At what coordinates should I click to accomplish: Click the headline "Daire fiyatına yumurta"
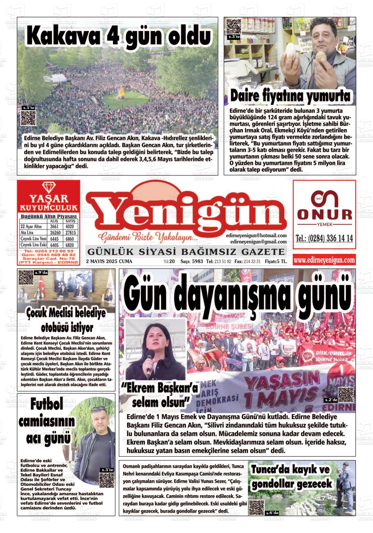tap(290, 96)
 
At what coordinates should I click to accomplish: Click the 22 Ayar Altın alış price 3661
tap(54, 226)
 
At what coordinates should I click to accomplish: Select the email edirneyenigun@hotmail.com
tap(256, 235)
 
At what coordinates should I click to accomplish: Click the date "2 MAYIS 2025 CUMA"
tap(109, 261)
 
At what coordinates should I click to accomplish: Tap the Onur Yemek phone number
tap(324, 239)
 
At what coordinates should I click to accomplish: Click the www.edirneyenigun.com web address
tap(324, 260)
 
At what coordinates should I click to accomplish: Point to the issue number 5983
tap(198, 261)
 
